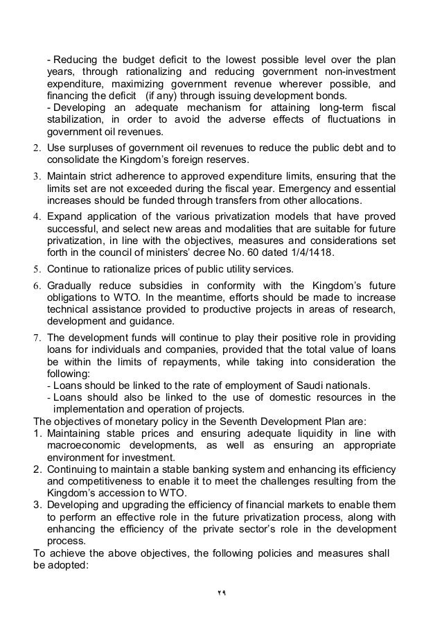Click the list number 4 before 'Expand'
tap(37, 216)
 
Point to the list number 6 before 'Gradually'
tap(37, 286)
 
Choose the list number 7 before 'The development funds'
tap(37, 339)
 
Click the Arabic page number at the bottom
tap(220, 594)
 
